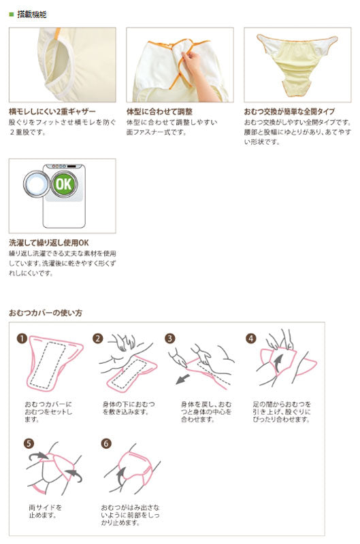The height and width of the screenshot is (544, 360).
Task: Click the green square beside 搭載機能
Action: coord(11,14)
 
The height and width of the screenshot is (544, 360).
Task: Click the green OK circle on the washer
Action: coord(64,184)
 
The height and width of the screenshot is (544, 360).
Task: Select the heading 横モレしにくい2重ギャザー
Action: coord(52,112)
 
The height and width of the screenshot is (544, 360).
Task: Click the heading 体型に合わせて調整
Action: coord(159,112)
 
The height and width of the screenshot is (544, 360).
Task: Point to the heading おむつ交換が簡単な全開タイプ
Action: coord(289,112)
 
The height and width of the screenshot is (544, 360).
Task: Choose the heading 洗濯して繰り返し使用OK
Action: coord(49,243)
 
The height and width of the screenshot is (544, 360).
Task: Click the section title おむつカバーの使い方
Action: coord(46,313)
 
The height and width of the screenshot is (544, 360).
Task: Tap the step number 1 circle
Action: coord(22,339)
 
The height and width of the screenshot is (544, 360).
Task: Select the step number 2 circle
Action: coord(98,339)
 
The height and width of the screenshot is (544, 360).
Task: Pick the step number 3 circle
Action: coord(169,339)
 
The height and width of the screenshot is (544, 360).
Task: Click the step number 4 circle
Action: coord(251,339)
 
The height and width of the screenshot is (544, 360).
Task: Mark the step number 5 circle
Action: coord(29,443)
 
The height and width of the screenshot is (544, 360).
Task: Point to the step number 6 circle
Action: coord(106,443)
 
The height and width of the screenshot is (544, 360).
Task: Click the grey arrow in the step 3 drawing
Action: coord(183,379)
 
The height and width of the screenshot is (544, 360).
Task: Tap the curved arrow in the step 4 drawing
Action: coord(278,364)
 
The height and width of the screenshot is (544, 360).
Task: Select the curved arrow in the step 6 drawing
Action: coord(121,477)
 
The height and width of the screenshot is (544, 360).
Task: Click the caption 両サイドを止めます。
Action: coord(45,511)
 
